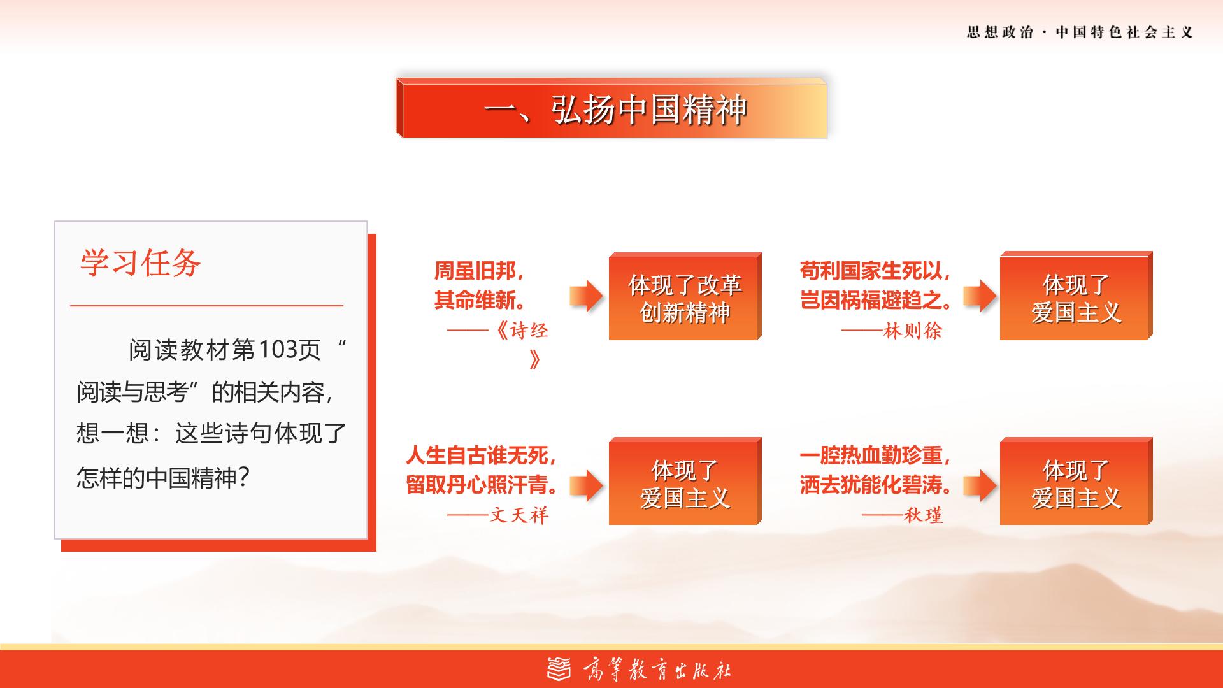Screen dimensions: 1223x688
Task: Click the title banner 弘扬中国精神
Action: tap(611, 108)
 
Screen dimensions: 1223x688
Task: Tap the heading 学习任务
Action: tap(140, 262)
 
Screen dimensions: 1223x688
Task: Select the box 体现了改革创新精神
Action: tap(685, 296)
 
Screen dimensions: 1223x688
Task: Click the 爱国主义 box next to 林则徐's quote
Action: tap(1076, 296)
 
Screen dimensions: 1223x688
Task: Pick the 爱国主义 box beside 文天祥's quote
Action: tap(685, 481)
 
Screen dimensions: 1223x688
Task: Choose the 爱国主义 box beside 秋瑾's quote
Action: tap(1076, 481)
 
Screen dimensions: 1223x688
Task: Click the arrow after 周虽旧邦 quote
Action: tap(586, 296)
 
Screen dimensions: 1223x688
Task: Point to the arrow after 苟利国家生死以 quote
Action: tap(980, 296)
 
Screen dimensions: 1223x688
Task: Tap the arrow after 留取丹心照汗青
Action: tap(586, 486)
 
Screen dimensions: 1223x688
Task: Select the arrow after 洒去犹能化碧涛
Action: tap(980, 486)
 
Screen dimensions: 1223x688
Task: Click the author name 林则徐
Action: tap(913, 331)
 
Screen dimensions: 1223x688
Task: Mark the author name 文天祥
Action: tap(519, 515)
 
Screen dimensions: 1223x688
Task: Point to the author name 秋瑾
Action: tap(923, 515)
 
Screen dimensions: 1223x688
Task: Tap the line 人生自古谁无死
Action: tap(481, 455)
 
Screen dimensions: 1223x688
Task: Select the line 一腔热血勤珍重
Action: tap(875, 455)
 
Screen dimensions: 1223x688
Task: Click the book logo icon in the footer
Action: tap(560, 669)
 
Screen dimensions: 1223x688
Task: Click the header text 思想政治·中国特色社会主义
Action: tap(1080, 32)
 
